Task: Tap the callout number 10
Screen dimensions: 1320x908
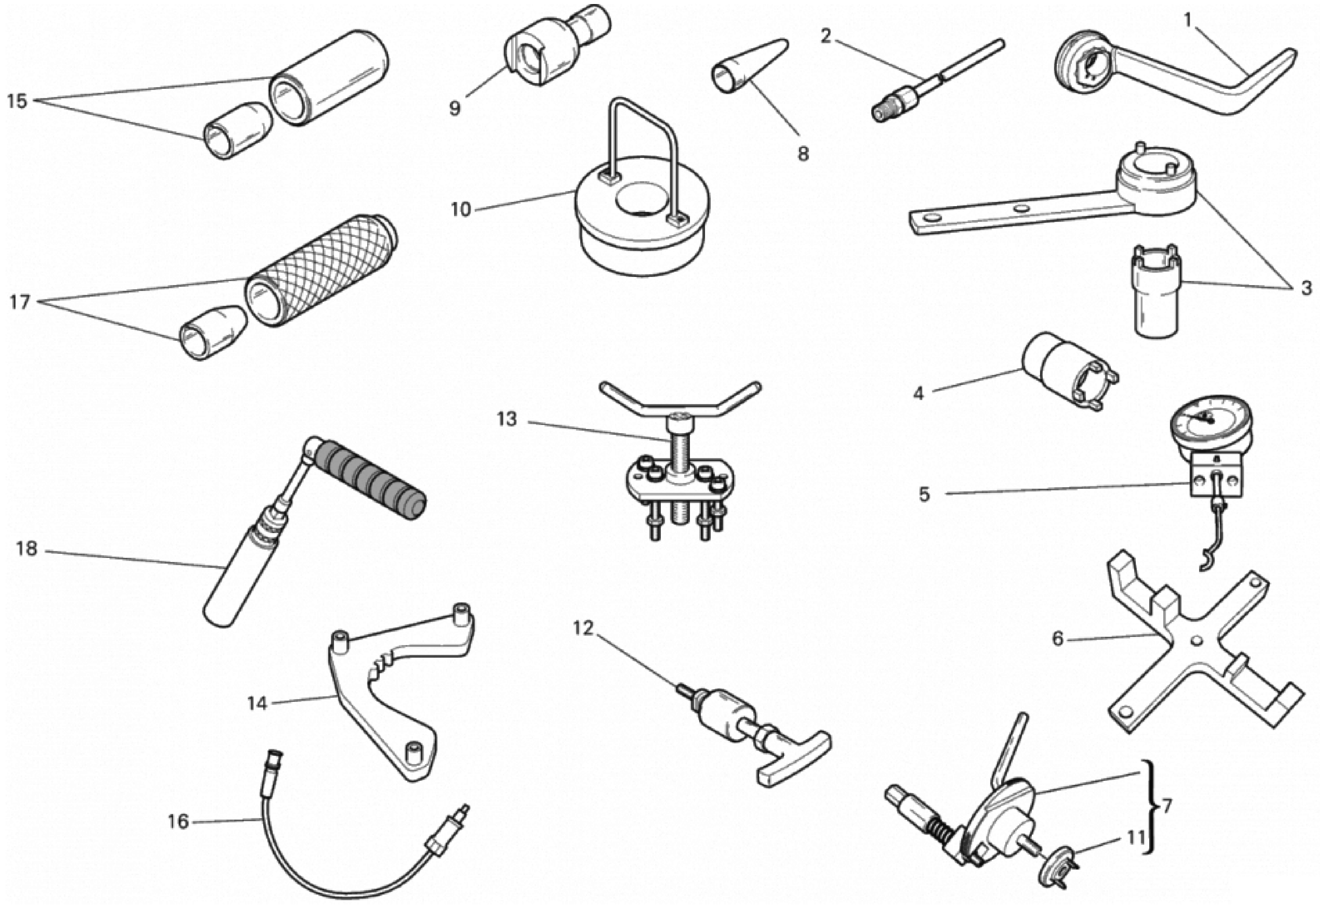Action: coord(461,209)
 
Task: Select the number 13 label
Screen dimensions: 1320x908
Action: coord(506,419)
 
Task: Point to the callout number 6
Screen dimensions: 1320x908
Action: coord(1057,639)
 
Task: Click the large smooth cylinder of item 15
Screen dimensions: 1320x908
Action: coord(330,77)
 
